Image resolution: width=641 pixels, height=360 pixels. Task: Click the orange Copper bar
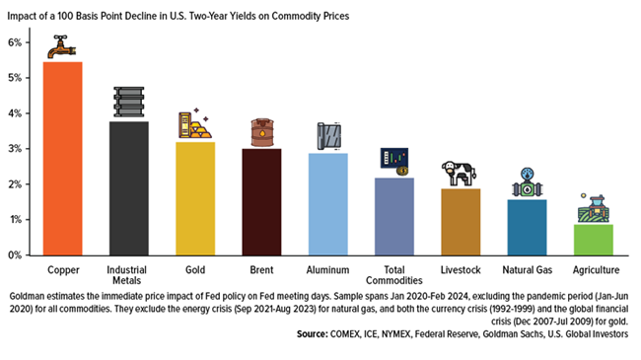point(63,158)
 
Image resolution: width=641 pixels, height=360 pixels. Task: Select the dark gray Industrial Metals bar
point(129,187)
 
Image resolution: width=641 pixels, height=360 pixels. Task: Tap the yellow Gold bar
point(195,197)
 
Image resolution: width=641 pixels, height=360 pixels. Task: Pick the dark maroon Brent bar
point(261,201)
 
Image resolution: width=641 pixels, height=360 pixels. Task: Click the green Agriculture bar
point(593,239)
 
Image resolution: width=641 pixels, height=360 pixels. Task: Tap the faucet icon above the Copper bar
point(63,45)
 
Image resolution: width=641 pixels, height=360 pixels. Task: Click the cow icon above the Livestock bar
point(460,173)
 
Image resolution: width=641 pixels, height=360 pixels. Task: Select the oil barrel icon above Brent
point(261,132)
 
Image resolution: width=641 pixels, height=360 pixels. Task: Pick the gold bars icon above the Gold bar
point(194,124)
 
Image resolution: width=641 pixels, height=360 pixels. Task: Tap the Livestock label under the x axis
point(460,269)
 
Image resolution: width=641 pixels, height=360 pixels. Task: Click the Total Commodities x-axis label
point(393,275)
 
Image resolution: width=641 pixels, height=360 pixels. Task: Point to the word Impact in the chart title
point(26,17)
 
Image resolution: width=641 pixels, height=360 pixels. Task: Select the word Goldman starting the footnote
point(30,295)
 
